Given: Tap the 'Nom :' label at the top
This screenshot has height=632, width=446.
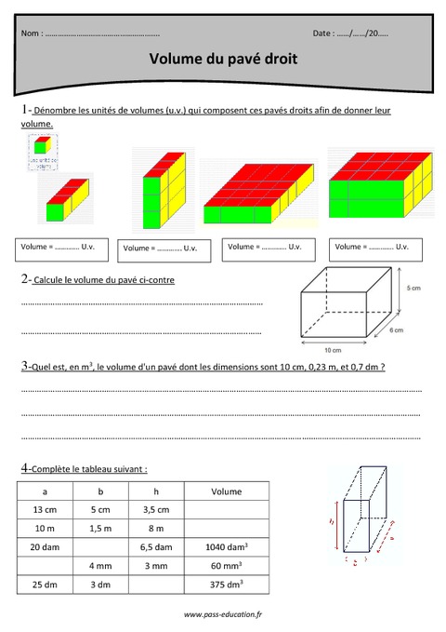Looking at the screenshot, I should [x=32, y=34].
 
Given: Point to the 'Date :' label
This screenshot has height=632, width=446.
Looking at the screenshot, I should [x=323, y=34].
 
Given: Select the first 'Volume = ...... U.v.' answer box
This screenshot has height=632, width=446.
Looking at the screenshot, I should [x=63, y=248].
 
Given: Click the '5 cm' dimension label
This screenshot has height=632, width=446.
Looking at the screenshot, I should [x=413, y=290].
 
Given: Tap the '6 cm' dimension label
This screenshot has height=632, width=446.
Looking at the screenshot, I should [x=396, y=329].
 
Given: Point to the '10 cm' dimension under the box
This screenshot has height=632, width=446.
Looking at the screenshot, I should [x=334, y=350].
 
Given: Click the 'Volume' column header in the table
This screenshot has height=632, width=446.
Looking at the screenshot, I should [x=226, y=491].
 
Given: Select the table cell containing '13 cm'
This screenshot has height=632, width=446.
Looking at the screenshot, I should [x=45, y=510].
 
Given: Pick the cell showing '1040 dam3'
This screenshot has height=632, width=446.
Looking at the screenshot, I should [x=226, y=548].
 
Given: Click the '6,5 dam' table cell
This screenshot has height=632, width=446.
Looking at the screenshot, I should [x=157, y=548].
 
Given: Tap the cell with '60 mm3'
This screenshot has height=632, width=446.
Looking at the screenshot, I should [x=226, y=567].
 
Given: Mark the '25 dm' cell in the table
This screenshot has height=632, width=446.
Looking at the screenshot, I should [x=45, y=585].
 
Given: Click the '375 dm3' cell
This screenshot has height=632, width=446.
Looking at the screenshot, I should [x=226, y=585].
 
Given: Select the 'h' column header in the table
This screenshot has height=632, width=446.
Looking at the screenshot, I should [x=157, y=491].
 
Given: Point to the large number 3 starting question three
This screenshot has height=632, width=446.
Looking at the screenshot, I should [x=24, y=366].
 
